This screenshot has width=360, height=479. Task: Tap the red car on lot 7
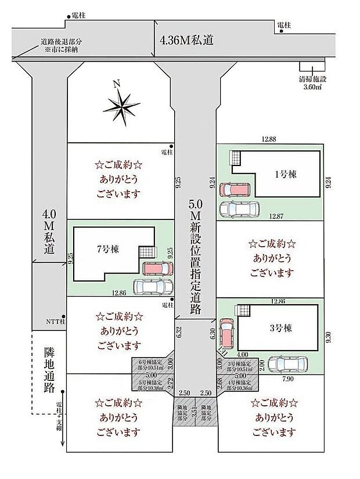click(x=157, y=269)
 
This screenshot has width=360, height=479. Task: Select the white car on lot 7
click(x=153, y=286)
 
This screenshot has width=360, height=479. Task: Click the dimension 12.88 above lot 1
click(x=268, y=138)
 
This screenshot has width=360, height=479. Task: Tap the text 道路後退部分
click(x=62, y=42)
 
